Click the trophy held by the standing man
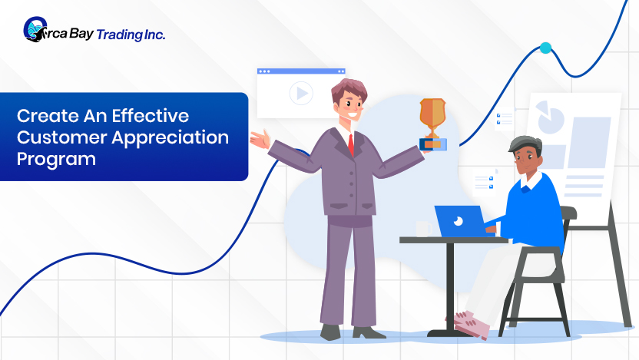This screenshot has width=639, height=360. coord(433,124)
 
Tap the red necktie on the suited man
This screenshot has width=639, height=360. coord(351,144)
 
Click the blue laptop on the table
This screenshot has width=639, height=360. coord(461,221)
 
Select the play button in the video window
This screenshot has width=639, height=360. coord(301,93)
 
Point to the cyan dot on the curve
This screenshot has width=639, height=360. coord(545,48)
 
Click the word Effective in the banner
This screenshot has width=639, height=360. coord(151,116)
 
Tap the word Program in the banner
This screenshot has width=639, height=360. coord(56,159)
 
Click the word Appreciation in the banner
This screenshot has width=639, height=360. coord(171,138)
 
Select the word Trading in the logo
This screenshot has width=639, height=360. coord(119,35)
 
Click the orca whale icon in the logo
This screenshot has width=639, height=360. coord(35,29)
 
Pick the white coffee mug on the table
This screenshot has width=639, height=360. coord(424,229)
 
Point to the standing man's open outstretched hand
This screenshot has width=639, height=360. coord(260,139)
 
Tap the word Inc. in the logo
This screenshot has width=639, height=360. coord(154,35)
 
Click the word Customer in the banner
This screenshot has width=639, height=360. coord(61,138)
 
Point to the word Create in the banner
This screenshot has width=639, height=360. coord(48,116)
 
